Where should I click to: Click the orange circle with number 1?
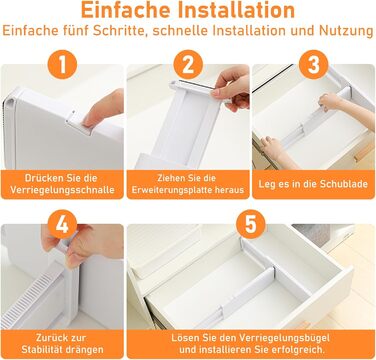62,64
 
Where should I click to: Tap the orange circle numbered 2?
188,64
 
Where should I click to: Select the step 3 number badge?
313,64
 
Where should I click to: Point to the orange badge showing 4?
62,224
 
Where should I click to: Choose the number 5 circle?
251,224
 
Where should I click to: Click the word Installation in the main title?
236,10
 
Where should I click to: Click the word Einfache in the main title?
126,10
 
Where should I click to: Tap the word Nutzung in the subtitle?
346,31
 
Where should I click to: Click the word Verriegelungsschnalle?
62,190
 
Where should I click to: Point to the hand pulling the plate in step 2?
232,87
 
